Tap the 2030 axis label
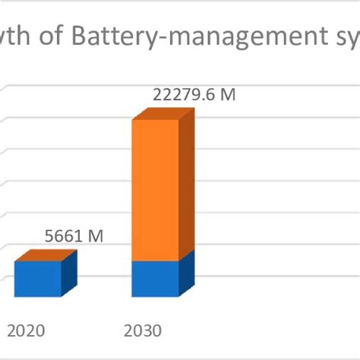(142, 331)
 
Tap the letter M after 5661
(95, 236)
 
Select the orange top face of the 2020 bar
(46, 255)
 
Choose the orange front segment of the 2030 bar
(155, 190)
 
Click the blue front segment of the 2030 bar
(155, 279)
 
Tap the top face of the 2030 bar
(163, 114)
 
